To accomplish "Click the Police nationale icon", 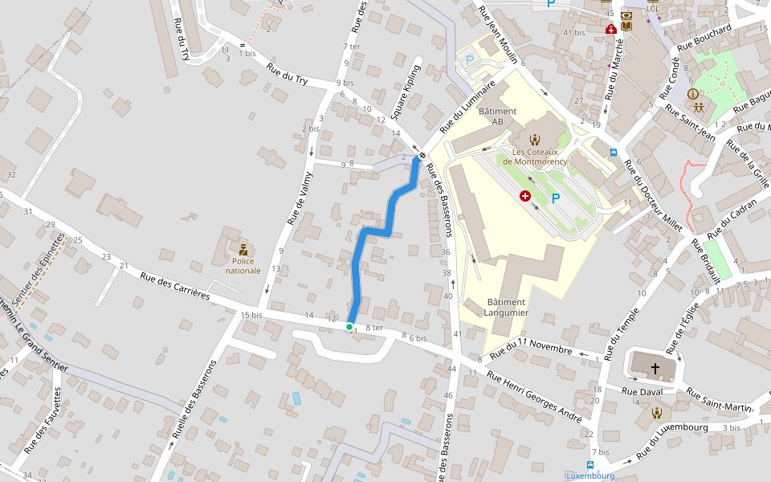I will tap(243, 249).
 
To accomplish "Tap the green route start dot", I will tap(349, 327).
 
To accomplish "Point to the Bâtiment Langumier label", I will tap(507, 307).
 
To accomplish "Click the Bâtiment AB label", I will tap(497, 116).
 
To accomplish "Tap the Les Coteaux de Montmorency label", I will tap(535, 157).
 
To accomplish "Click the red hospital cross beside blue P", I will tap(525, 196).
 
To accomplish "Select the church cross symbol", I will tap(655, 367).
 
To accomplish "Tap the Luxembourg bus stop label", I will tap(590, 476).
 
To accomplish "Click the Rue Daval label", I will tap(640, 391).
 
